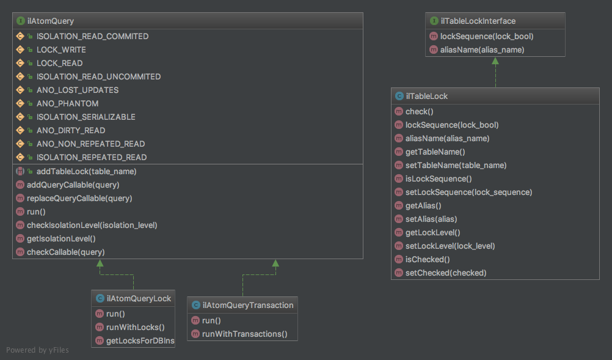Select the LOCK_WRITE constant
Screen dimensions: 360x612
pyautogui.click(x=61, y=50)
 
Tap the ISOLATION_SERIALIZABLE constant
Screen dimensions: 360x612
pyautogui.click(x=86, y=117)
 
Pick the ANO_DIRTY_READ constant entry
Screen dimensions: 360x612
pyautogui.click(x=70, y=130)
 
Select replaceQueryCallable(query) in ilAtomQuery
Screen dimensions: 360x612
pyautogui.click(x=79, y=198)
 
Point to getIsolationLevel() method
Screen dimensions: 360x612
pyautogui.click(x=61, y=238)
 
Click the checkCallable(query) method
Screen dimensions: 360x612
pyautogui.click(x=65, y=252)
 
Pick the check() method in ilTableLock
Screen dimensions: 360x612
pyautogui.click(x=419, y=111)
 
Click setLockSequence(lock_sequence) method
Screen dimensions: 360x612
pyautogui.click(x=468, y=192)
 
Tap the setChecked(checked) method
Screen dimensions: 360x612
pyautogui.click(x=445, y=273)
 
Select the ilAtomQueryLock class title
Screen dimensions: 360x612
pyautogui.click(x=139, y=298)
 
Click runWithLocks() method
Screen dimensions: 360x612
pyautogui.click(x=135, y=327)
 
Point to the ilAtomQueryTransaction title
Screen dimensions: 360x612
pyautogui.click(x=247, y=305)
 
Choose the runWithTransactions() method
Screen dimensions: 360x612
pyautogui.click(x=244, y=334)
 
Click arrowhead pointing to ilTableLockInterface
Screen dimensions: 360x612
pyautogui.click(x=495, y=62)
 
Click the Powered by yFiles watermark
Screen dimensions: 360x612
pyautogui.click(x=37, y=350)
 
